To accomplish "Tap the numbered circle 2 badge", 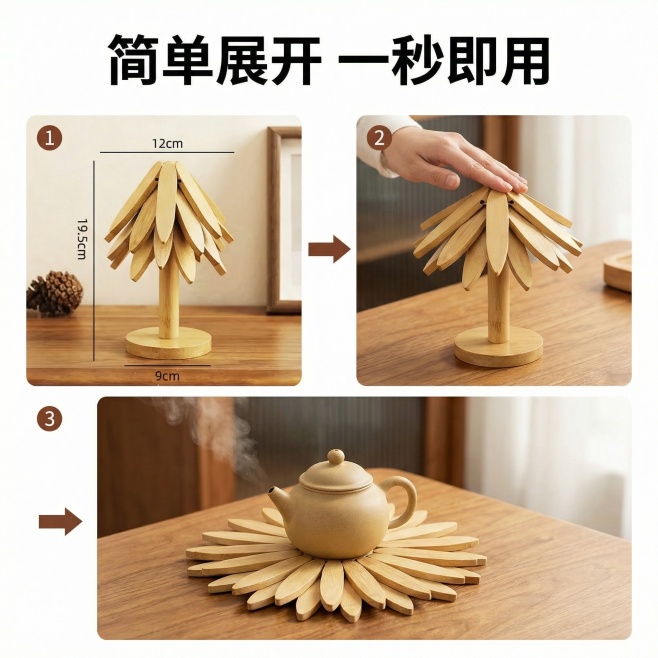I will coord(377,137).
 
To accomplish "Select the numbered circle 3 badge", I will coord(49,419).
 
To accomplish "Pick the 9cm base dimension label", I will coord(167,375).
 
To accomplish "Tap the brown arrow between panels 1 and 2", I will coord(328,249).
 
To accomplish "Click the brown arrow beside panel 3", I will coord(60,521).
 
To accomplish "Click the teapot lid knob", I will coord(336,458).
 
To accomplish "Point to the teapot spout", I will coord(277,498).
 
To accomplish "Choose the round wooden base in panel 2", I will coord(498,346).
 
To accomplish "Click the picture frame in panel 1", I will coord(284,220).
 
